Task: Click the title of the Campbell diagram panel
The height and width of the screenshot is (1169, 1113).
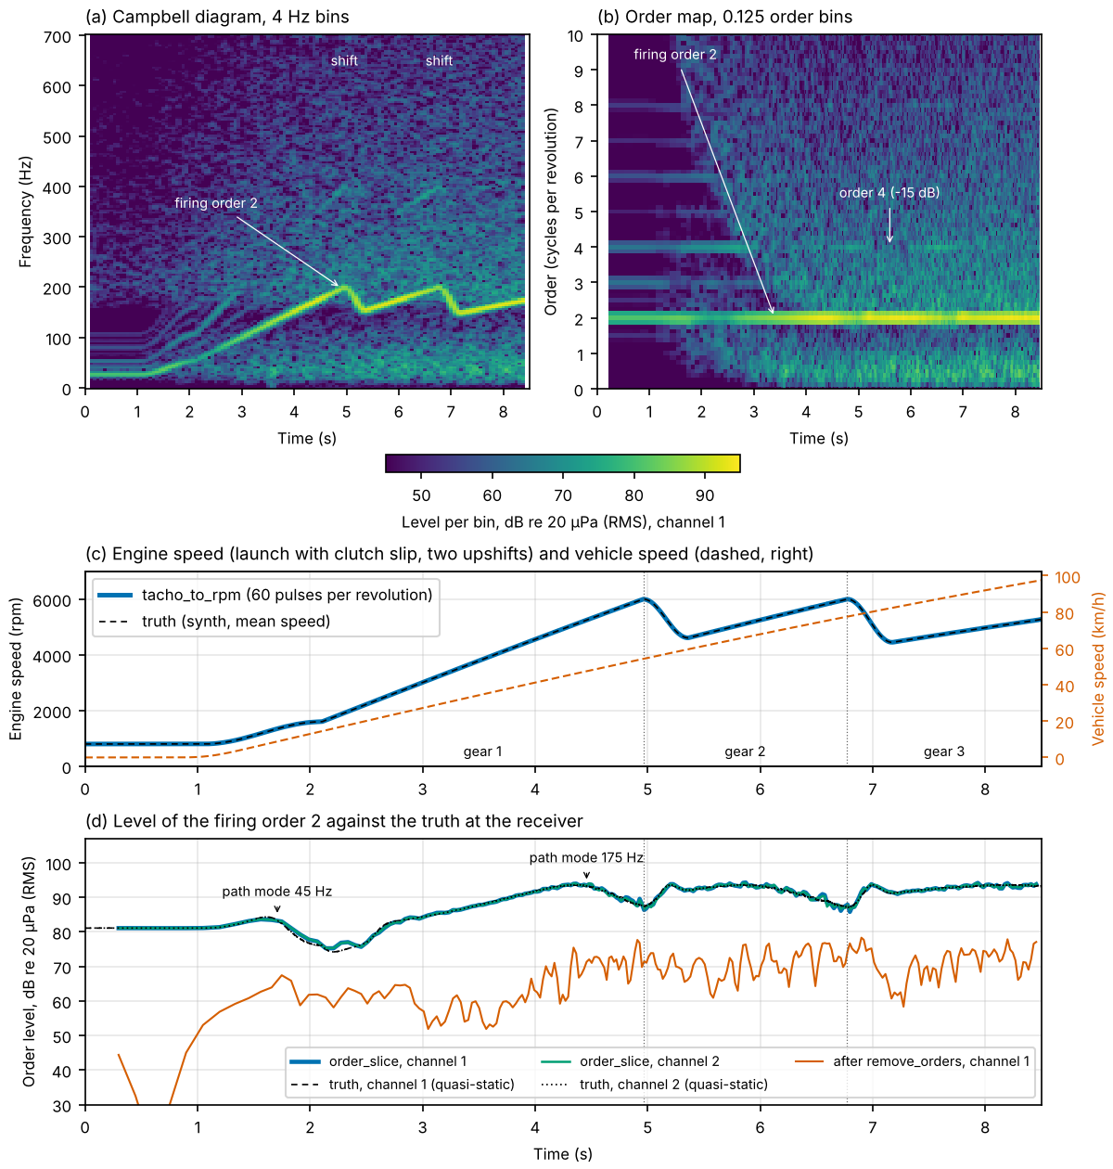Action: click(217, 16)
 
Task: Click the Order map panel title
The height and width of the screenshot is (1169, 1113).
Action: click(724, 16)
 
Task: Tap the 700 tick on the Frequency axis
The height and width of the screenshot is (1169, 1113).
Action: click(58, 37)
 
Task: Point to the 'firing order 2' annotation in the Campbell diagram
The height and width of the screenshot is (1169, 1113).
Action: click(216, 203)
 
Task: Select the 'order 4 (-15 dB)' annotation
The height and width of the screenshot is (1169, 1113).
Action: click(889, 193)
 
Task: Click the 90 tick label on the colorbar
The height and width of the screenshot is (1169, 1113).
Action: click(705, 495)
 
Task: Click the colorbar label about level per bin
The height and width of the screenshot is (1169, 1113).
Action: click(563, 522)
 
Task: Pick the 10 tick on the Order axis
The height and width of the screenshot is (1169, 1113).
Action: click(575, 36)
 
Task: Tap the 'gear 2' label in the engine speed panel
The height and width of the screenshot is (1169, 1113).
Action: click(745, 751)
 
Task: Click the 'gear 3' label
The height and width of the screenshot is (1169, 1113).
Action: click(943, 751)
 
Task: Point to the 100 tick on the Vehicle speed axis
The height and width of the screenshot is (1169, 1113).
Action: click(1068, 577)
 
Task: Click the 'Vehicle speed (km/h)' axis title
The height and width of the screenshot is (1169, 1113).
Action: click(1097, 668)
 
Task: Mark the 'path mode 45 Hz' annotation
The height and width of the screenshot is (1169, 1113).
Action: click(276, 892)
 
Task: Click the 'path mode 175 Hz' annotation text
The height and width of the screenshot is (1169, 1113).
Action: click(586, 857)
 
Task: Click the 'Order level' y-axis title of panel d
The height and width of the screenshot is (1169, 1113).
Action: click(28, 971)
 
